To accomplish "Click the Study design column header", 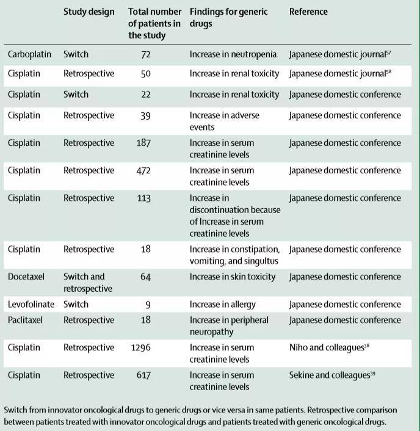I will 89,12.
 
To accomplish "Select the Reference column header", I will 308,12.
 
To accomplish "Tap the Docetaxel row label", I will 26,277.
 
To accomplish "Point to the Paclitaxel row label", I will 25,320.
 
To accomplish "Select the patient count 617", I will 143,375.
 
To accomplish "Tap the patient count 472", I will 143,170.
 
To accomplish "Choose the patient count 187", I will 143,143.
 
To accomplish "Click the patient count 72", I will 145,54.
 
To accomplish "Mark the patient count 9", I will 148,305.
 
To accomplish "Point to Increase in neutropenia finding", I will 234,54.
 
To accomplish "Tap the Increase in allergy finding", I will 222,305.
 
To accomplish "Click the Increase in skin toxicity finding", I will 233,277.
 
